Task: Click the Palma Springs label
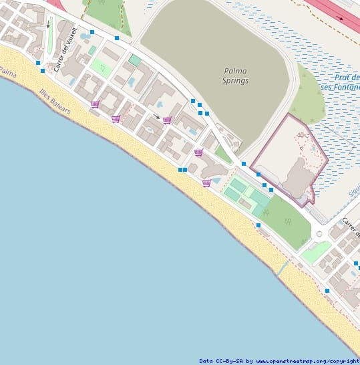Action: pyautogui.click(x=235, y=76)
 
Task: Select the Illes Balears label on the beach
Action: pyautogui.click(x=55, y=100)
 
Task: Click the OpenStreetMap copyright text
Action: pyautogui.click(x=279, y=361)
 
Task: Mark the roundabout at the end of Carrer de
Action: pyautogui.click(x=319, y=234)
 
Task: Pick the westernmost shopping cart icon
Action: pyautogui.click(x=95, y=104)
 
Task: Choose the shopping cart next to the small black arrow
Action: pyautogui.click(x=167, y=120)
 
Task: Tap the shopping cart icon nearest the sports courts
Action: pyautogui.click(x=206, y=182)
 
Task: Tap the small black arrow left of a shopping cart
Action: pyautogui.click(x=157, y=117)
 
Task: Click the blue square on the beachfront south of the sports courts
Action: pyautogui.click(x=258, y=226)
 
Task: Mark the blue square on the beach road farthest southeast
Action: pyautogui.click(x=327, y=291)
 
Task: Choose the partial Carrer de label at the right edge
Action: pyautogui.click(x=351, y=228)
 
